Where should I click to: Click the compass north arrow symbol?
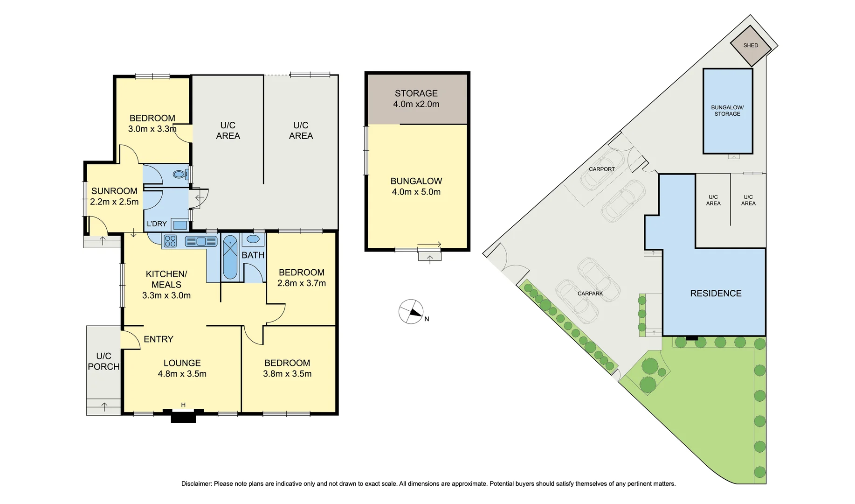click(411, 312)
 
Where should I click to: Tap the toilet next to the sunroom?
click(179, 175)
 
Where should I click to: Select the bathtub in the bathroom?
click(230, 258)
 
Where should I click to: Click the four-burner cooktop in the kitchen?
click(170, 241)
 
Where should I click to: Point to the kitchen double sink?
click(201, 241)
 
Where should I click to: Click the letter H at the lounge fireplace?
click(183, 405)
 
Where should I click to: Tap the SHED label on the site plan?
click(751, 45)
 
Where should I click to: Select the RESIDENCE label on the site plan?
click(716, 294)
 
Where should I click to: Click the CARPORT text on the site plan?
click(601, 169)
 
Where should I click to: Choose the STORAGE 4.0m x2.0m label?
click(416, 99)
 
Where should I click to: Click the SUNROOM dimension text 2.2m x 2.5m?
click(114, 202)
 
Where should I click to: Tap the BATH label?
click(253, 255)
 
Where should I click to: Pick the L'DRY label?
click(157, 224)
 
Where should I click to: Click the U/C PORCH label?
click(103, 362)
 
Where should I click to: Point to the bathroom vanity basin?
click(253, 239)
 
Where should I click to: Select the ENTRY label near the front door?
click(159, 339)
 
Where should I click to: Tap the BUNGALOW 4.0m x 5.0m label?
click(416, 186)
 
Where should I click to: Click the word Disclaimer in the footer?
click(196, 484)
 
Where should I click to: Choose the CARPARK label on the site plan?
click(590, 294)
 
